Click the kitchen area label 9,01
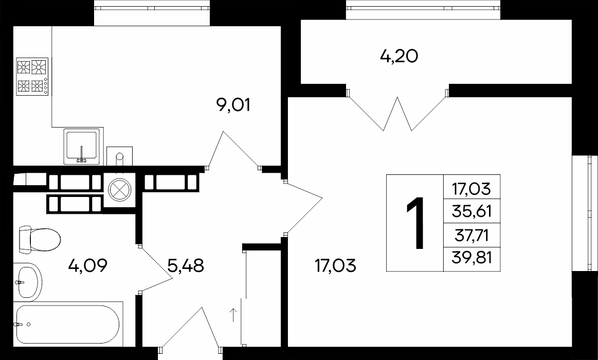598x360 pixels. pyautogui.click(x=233, y=104)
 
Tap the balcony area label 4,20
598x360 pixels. pyautogui.click(x=399, y=57)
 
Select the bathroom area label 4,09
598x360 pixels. pyautogui.click(x=88, y=265)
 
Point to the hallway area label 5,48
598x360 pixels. pyautogui.click(x=186, y=265)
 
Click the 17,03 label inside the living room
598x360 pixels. pyautogui.click(x=335, y=265)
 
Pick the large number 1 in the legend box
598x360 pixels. pyautogui.click(x=415, y=223)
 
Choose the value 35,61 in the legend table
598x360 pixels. pyautogui.click(x=472, y=211)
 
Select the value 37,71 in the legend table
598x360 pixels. pyautogui.click(x=472, y=236)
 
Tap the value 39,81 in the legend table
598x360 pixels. pyautogui.click(x=472, y=258)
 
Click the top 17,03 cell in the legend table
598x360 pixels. pyautogui.click(x=472, y=189)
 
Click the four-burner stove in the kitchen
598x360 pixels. pyautogui.click(x=32, y=76)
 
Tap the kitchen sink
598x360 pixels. pyautogui.click(x=82, y=147)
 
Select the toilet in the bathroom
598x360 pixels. pyautogui.click(x=40, y=240)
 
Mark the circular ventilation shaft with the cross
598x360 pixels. pyautogui.click(x=120, y=190)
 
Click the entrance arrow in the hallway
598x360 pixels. pyautogui.click(x=233, y=315)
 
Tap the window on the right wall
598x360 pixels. pyautogui.click(x=585, y=213)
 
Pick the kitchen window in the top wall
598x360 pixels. pyautogui.click(x=152, y=13)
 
